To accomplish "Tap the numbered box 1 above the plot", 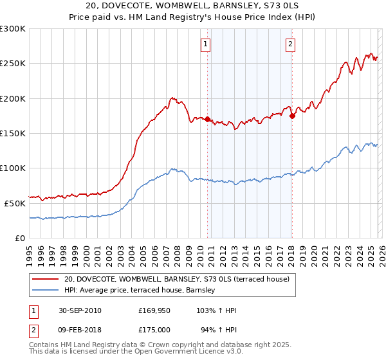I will tap(205, 44).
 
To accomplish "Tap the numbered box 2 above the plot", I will tap(290, 44).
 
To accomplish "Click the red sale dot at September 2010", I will tap(208, 120).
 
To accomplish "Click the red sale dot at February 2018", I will tap(292, 116).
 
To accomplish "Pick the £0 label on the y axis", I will tap(20, 238).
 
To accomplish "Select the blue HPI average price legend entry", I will tap(142, 291).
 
